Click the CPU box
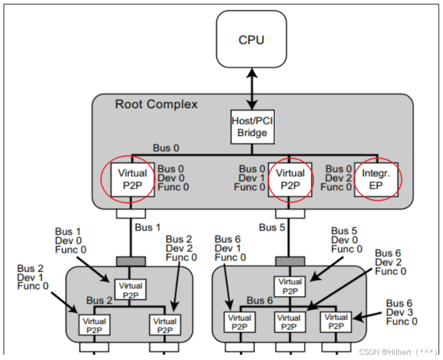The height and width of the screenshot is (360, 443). pos(252,40)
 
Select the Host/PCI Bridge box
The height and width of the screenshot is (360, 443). pos(252,127)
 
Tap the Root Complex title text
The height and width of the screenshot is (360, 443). pos(156,104)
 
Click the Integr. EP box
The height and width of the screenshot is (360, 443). pos(376,179)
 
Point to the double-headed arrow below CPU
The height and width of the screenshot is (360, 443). pos(252,89)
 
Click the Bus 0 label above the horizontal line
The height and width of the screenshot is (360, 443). pos(166,148)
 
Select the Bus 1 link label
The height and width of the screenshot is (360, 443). pos(148,227)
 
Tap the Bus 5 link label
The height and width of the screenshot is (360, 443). pos(272,227)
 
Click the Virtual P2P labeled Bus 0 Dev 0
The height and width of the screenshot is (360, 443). pos(132,179)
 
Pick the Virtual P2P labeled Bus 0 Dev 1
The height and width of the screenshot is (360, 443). pos(290,179)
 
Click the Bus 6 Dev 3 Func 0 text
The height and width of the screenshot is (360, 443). pos(401,312)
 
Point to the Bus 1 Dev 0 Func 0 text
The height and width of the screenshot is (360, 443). pos(71,240)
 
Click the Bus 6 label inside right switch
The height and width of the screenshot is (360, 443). pos(260,300)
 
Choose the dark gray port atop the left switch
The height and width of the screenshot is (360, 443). pos(131,262)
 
